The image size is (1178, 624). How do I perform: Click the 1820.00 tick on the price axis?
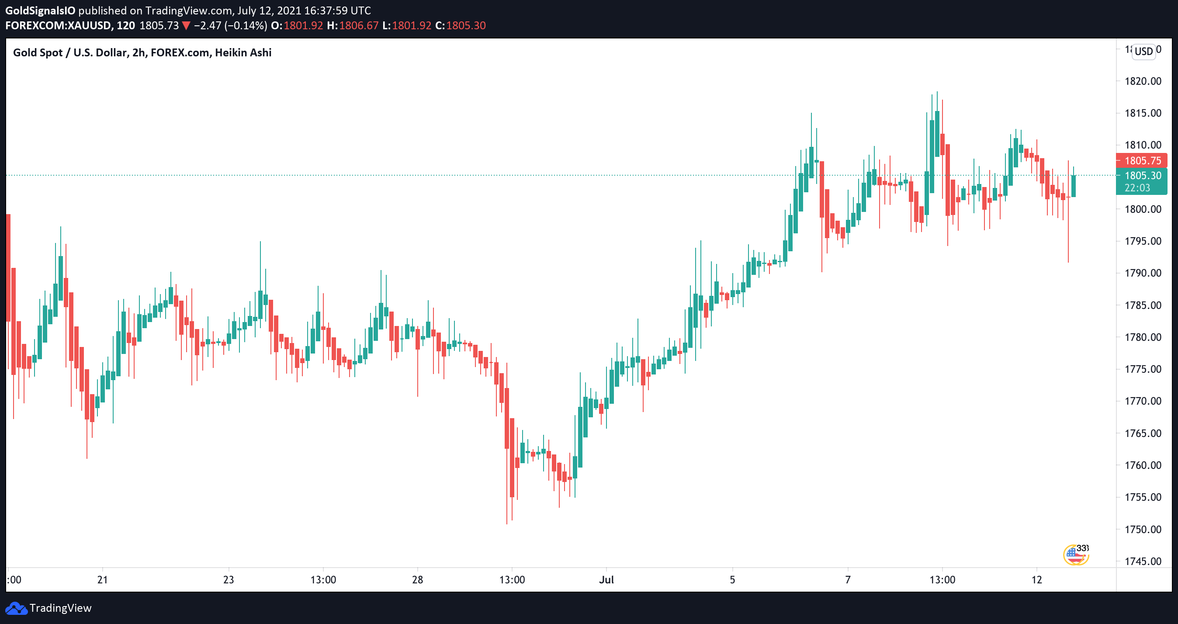point(1142,81)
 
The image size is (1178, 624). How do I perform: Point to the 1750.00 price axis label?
point(1142,529)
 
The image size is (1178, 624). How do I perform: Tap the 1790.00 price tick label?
point(1142,273)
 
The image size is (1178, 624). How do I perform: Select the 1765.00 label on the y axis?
point(1142,433)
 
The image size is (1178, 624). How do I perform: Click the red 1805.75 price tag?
point(1142,160)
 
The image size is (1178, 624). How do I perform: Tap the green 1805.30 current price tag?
point(1142,176)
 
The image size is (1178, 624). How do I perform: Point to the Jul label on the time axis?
point(606,579)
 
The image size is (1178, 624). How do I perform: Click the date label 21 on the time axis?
point(102,579)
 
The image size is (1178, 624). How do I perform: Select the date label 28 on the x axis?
point(418,579)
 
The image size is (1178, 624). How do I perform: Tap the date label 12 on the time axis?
point(1037,579)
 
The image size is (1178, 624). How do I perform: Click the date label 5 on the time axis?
point(732,579)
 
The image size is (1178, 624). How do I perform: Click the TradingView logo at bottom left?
point(49,608)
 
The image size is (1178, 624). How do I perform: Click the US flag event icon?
point(1074,555)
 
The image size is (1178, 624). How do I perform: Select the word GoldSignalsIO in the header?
point(40,10)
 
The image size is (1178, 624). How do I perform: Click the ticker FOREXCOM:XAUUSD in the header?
point(58,26)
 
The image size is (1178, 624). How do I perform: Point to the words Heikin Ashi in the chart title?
point(243,52)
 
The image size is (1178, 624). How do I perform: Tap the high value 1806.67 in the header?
point(359,26)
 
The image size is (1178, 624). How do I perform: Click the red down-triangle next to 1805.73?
point(186,26)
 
